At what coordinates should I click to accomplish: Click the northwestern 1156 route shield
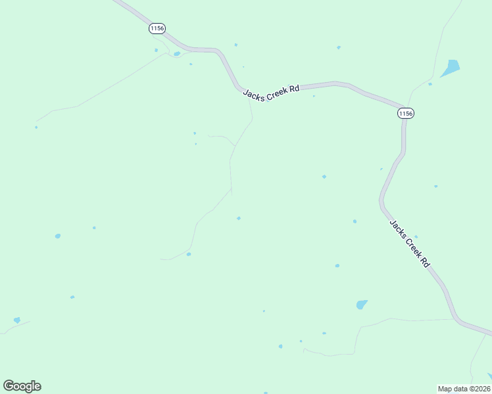157,28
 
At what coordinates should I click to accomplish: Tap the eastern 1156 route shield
406,114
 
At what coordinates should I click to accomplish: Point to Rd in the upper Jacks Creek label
295,88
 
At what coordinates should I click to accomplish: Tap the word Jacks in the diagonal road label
397,229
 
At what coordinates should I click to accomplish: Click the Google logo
22,386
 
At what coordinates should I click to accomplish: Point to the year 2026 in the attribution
482,389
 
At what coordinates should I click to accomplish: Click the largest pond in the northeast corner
451,68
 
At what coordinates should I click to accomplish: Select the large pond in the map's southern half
362,305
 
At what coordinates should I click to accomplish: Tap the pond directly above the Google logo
16,320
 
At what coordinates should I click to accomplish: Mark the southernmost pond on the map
280,346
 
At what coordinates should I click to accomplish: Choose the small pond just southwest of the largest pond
430,84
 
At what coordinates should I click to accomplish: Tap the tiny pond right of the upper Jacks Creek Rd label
314,97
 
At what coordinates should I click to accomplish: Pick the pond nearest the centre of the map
238,218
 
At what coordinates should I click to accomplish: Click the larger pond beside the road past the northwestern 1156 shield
177,54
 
